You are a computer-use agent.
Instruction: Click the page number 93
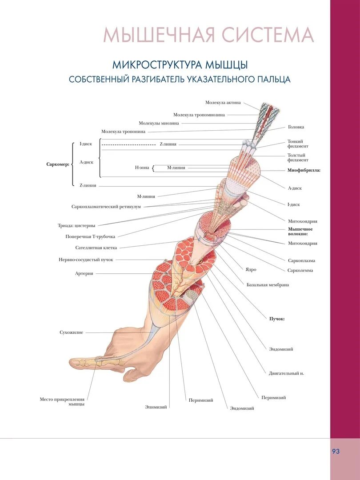(x=336, y=451)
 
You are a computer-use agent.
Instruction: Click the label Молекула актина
(x=223, y=103)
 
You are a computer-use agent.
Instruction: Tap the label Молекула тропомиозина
(x=199, y=115)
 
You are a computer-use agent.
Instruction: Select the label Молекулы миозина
(x=159, y=123)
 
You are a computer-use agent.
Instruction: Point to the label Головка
(x=296, y=127)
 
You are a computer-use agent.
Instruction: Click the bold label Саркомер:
(x=58, y=164)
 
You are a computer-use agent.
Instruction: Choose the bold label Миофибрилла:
(x=304, y=170)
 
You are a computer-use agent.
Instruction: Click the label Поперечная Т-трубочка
(x=90, y=237)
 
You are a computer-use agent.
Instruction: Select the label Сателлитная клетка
(x=96, y=248)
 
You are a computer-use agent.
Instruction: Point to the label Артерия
(x=84, y=274)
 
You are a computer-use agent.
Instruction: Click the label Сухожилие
(x=71, y=332)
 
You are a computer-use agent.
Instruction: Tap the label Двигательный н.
(x=286, y=373)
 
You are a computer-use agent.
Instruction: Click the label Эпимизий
(x=156, y=407)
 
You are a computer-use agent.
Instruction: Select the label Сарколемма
(x=300, y=270)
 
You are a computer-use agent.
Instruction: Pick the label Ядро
(x=251, y=269)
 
